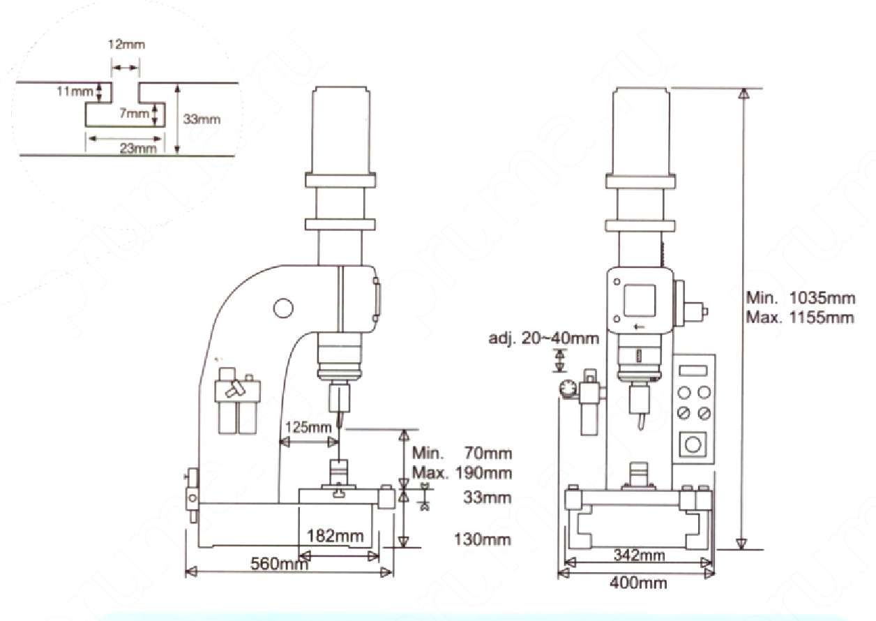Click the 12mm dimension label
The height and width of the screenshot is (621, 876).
pos(126,44)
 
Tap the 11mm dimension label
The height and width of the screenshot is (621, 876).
pos(75,91)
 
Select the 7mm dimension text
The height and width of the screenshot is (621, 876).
pos(134,114)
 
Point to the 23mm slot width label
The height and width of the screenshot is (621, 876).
pos(137,149)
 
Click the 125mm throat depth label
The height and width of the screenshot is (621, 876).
pos(308,427)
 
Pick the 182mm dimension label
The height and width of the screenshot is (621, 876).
pos(335,536)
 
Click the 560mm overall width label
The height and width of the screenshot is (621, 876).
pos(279,564)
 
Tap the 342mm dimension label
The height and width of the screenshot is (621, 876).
pos(639,555)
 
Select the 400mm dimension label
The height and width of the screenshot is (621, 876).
pos(638,583)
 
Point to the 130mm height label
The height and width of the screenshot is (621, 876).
pos(483,539)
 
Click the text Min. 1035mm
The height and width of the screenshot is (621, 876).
pos(801,298)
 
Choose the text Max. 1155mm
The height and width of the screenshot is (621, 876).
pos(800,317)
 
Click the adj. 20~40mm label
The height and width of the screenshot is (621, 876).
pos(543,338)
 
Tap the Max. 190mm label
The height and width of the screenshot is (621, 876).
pos(462,473)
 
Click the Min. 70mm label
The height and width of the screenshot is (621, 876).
pos(462,453)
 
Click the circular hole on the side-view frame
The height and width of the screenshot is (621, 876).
pos(283,308)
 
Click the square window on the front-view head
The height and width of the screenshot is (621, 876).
pos(640,300)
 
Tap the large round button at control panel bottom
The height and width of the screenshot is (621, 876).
pos(693,444)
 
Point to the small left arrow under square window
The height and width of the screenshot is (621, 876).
pos(639,327)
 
